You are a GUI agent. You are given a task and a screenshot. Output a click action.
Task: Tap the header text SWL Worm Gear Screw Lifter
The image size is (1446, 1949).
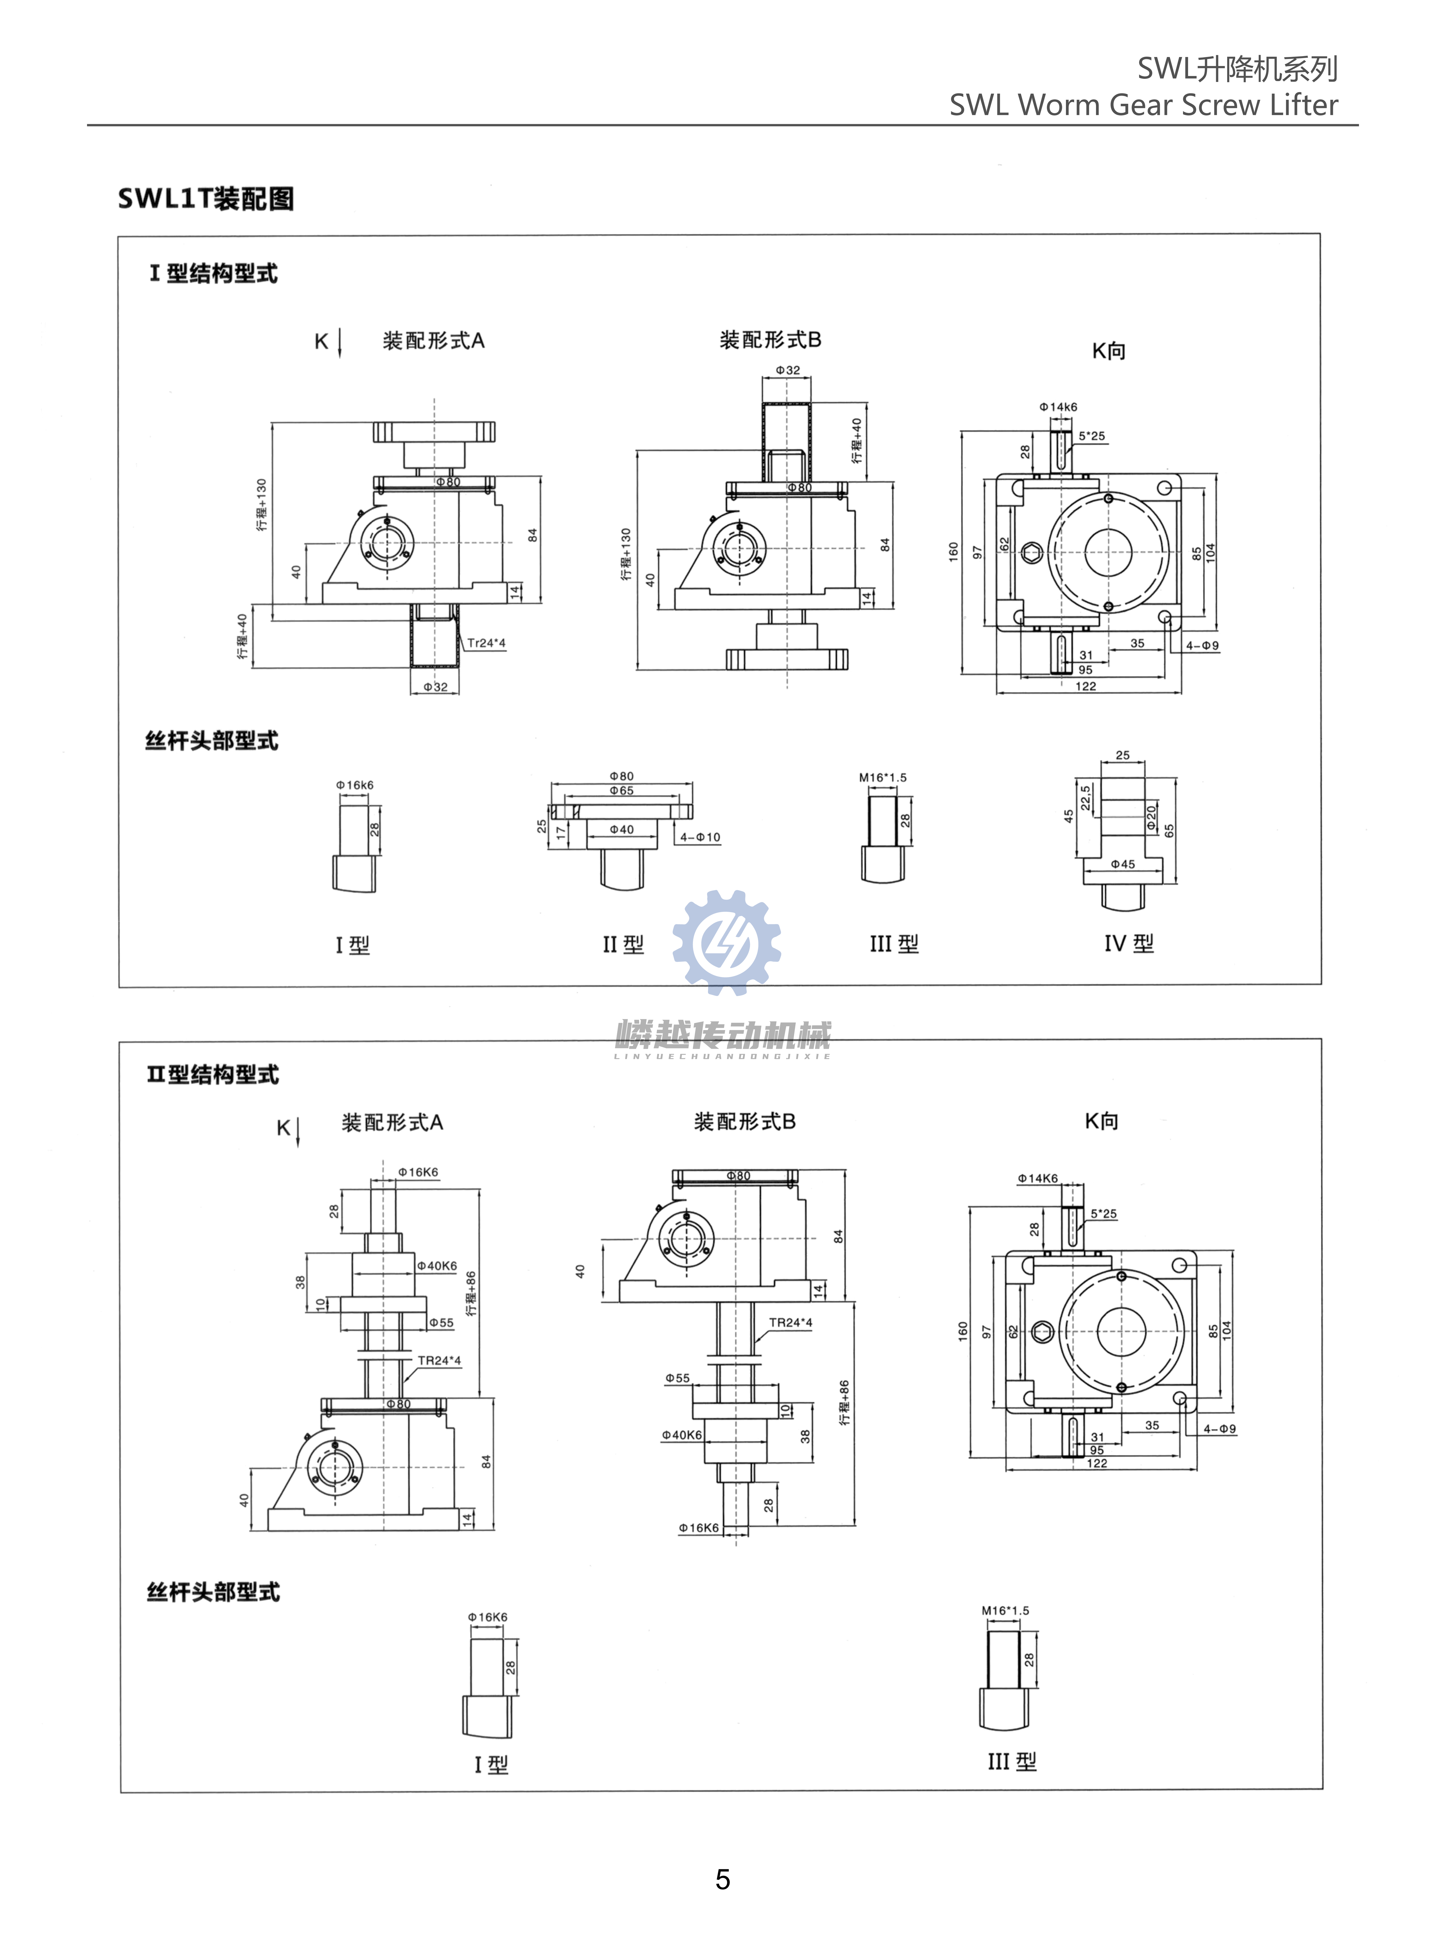1143,105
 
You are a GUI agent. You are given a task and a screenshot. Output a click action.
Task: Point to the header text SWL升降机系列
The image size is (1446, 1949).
1237,68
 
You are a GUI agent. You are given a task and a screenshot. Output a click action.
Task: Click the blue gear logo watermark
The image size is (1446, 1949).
726,942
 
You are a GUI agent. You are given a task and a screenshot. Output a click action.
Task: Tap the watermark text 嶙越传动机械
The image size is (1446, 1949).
723,1036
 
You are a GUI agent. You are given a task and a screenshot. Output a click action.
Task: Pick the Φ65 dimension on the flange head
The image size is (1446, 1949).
622,791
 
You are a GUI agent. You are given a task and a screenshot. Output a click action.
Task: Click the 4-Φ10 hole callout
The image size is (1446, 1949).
700,837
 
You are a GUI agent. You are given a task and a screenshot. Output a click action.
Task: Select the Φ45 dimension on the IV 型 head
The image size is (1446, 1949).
1123,864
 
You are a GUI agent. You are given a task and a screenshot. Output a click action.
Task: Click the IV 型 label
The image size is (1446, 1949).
1128,943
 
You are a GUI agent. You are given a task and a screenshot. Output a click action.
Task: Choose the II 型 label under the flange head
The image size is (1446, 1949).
622,944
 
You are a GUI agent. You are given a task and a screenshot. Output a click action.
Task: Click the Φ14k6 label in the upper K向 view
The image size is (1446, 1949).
1058,407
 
